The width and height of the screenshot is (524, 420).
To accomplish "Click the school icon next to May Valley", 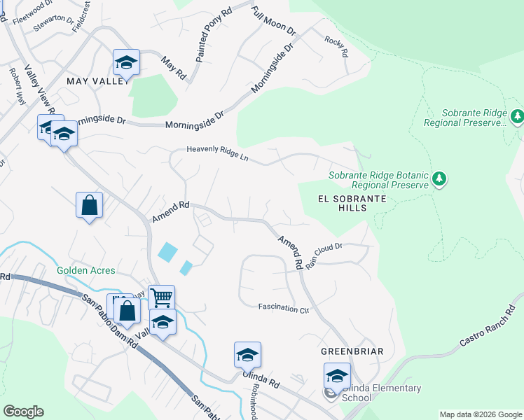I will coord(126,63).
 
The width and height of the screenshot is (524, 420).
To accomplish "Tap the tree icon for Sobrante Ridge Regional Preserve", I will coord(517,116).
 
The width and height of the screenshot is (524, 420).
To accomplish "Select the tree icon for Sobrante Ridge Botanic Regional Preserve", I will coord(439,179).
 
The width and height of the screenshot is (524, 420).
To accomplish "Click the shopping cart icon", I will coord(161,297).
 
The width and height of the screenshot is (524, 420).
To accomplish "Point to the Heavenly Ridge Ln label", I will coord(217,153).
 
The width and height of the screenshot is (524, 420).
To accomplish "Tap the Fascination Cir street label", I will coord(284,307).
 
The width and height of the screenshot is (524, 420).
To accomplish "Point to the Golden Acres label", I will coord(86,270).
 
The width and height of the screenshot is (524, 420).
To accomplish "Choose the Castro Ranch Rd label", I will coord(487,325).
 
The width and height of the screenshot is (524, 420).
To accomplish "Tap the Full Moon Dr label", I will coord(274,22).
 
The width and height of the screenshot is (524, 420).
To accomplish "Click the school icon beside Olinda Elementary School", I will coord(337,376).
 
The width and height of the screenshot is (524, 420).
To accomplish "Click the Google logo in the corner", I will coord(23,412).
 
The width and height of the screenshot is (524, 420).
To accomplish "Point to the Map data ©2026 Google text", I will coord(480,414).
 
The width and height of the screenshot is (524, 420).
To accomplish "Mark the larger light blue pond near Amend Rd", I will coord(167,252).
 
